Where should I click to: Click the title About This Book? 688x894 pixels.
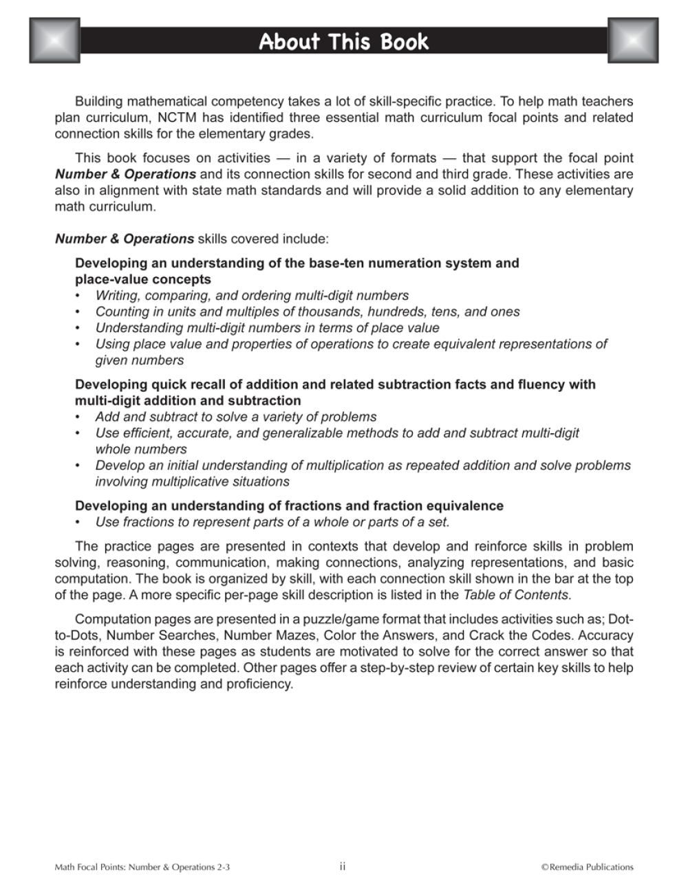pos(343,42)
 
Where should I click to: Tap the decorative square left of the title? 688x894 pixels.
pos(55,41)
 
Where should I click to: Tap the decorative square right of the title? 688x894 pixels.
pos(633,41)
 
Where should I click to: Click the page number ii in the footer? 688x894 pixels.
pos(343,866)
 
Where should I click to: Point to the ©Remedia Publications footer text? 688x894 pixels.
pos(587,867)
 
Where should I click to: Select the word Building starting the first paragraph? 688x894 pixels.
pos(99,101)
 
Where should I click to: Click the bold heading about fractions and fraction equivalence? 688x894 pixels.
pos(289,505)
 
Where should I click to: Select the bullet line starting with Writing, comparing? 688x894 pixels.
pos(252,295)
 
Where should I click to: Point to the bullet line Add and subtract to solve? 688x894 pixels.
pos(236,417)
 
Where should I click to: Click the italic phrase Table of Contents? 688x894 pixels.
pos(516,595)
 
